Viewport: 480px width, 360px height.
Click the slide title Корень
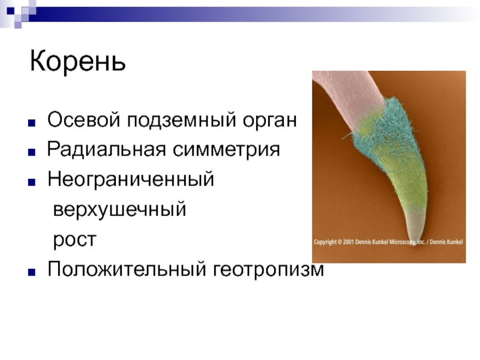click(78, 61)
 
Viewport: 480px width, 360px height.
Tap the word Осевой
click(83, 119)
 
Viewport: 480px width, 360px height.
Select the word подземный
click(182, 121)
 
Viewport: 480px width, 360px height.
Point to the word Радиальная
click(107, 149)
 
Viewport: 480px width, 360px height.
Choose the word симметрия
click(226, 150)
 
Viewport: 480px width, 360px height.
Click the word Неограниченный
click(131, 179)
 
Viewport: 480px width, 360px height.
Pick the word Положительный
click(127, 269)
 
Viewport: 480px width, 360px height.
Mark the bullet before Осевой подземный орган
click(32, 123)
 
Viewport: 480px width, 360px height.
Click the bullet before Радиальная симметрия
click(32, 152)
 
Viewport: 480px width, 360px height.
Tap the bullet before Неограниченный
click(32, 182)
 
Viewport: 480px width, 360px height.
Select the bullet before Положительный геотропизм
click(32, 272)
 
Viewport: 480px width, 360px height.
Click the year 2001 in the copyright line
click(349, 242)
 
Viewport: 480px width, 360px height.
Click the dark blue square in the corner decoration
click(10, 11)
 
